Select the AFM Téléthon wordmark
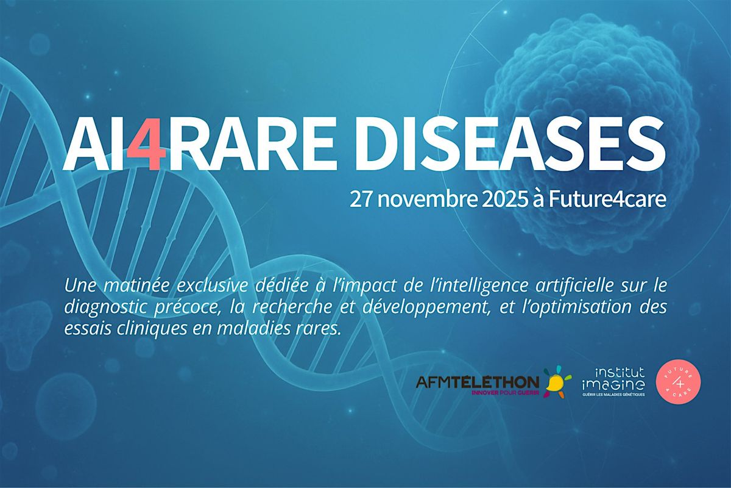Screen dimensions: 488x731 pyautogui.click(x=476, y=382)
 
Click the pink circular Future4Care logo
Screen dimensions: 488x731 pyautogui.click(x=678, y=381)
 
